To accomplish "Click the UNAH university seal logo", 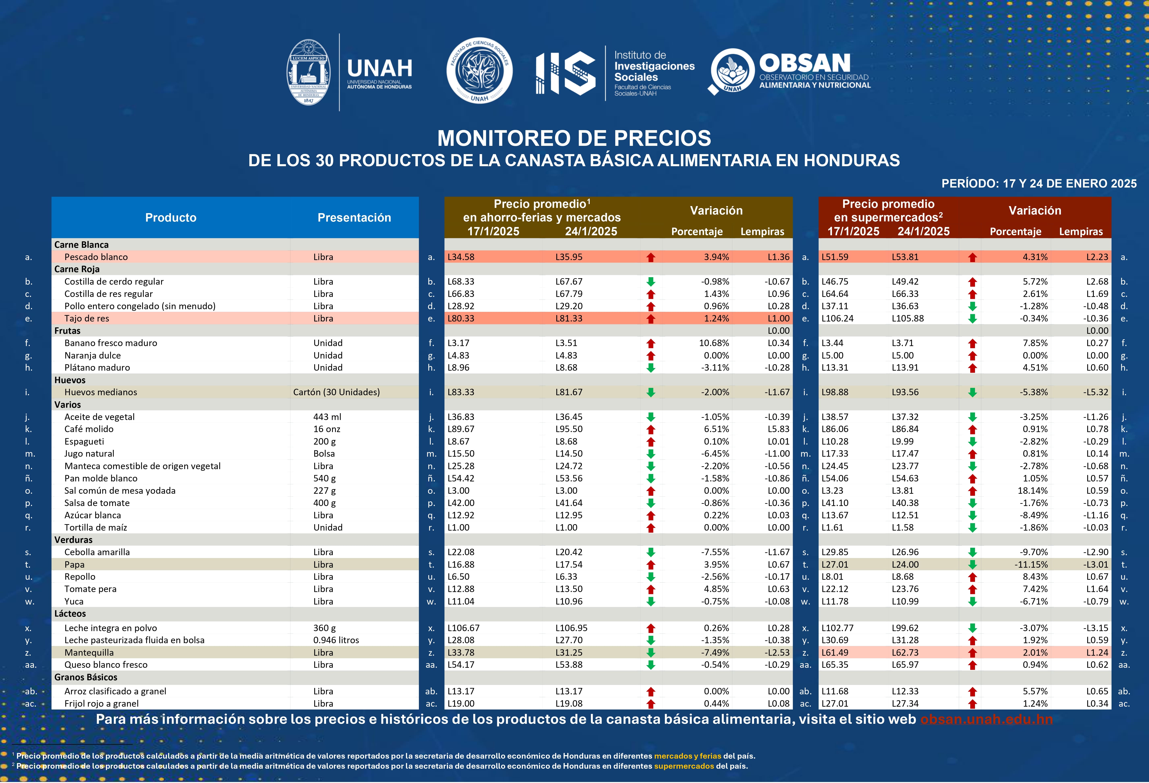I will pos(309,72).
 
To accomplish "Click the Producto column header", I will pos(171,218).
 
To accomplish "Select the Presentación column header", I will pos(354,218).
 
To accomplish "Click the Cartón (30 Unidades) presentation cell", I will pos(336,392).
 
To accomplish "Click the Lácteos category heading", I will pos(70,614).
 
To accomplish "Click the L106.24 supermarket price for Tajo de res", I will pos(837,318).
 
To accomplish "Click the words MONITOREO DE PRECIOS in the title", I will pos(574,139).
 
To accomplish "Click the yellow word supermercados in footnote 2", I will pos(684,766).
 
